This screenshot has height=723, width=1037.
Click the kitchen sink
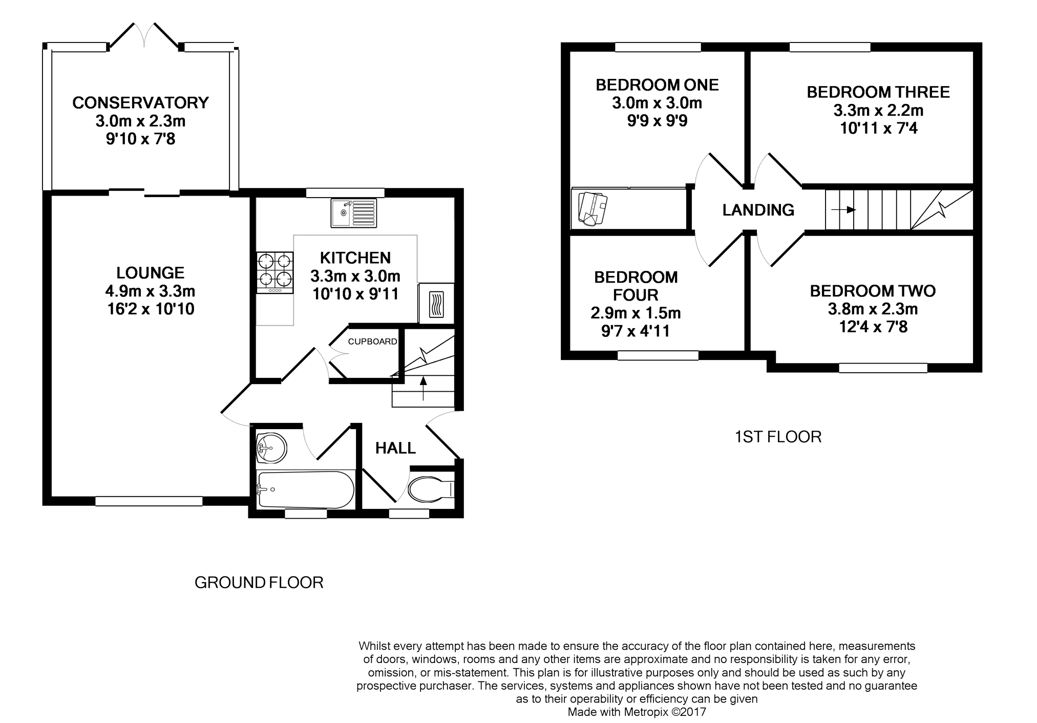pos(353,213)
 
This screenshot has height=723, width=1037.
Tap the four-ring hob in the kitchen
pos(275,273)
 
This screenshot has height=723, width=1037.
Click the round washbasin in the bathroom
pos(271,449)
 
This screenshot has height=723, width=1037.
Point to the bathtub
pos(306,490)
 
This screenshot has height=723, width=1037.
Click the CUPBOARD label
pos(372,342)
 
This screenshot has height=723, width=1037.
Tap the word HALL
pos(395,449)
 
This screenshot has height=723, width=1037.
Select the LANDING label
pos(758,210)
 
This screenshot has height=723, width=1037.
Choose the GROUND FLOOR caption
pos(259,583)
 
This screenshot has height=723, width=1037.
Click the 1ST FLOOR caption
pos(778,437)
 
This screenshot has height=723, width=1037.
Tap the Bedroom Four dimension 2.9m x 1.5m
pos(636,313)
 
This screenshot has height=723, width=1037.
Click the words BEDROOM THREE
pos(878,92)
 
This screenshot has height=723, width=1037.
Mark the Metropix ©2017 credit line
pos(637,712)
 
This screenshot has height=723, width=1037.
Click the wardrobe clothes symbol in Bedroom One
pos(592,208)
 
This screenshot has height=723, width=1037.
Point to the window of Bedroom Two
pos(883,368)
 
